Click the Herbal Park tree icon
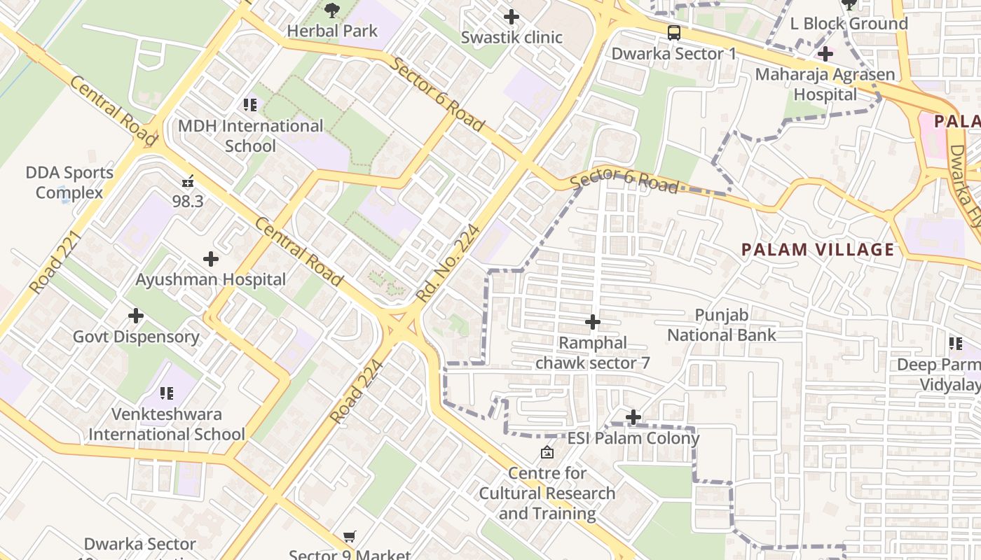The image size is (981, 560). (332, 10)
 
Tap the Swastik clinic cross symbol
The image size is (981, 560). (512, 17)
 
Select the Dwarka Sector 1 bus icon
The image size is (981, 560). (673, 33)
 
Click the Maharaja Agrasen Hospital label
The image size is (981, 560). (825, 84)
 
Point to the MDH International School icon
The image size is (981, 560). (250, 105)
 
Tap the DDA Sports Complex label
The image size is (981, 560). (69, 183)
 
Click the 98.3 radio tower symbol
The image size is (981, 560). (188, 181)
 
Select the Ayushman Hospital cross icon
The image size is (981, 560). (210, 259)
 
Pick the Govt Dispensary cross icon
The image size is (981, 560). (136, 316)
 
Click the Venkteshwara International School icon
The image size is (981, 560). (166, 393)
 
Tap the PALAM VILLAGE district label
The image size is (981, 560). (818, 249)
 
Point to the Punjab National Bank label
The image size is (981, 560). (721, 325)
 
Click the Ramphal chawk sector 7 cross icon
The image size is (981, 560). (593, 322)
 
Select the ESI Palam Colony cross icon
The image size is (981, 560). (633, 418)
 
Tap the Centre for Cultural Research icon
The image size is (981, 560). (547, 453)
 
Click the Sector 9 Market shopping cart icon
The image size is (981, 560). (349, 537)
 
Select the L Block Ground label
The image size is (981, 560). (849, 24)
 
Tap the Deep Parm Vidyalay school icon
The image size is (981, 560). (956, 344)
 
